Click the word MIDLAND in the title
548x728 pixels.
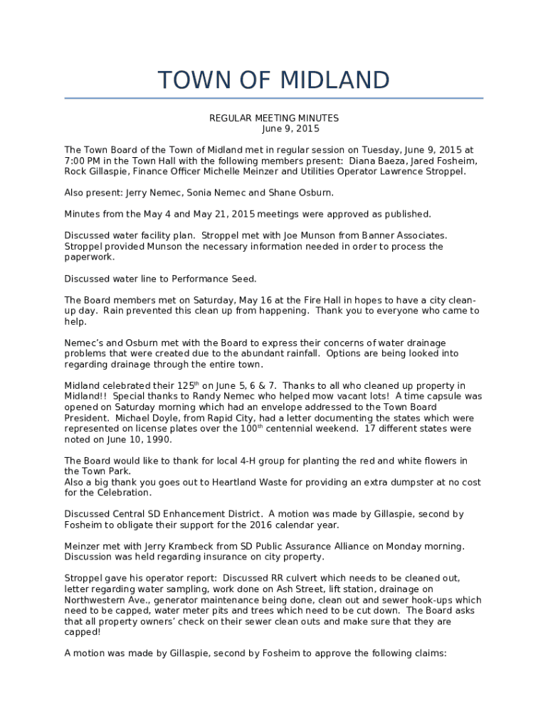pos(334,80)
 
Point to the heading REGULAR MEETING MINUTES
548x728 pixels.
pos(273,118)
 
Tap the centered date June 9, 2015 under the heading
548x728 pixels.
pos(290,129)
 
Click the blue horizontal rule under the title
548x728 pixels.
pos(274,98)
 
